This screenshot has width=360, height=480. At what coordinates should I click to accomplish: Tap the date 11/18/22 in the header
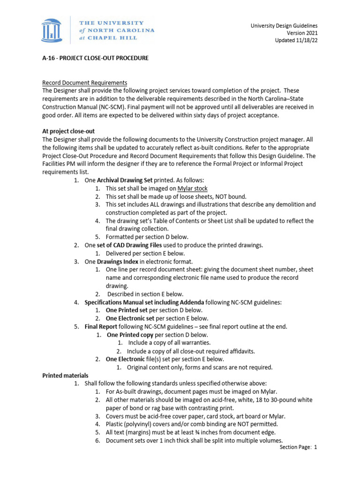click(x=306, y=40)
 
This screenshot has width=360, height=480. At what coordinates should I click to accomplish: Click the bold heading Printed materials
click(x=65, y=375)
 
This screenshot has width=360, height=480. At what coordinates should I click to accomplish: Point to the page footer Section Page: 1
click(x=298, y=447)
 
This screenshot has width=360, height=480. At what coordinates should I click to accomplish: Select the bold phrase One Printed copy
click(x=130, y=335)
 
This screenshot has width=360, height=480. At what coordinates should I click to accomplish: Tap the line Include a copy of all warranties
click(x=169, y=343)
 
